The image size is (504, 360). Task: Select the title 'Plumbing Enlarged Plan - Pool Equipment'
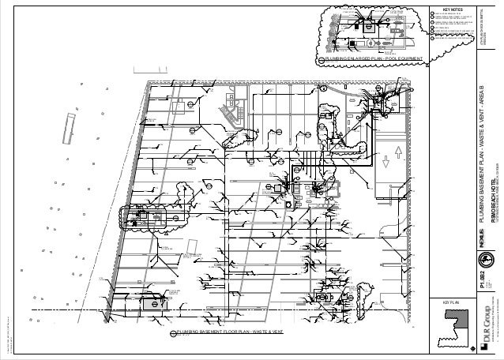click(x=370, y=59)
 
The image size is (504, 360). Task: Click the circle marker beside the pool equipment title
click(x=318, y=59)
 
